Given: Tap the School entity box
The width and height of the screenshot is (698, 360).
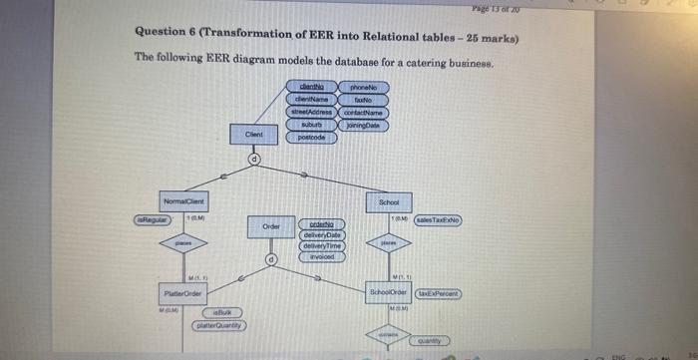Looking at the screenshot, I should [389, 201].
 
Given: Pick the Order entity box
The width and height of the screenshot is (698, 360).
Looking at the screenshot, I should [269, 227].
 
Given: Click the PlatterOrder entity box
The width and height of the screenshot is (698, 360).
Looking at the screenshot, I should [182, 293].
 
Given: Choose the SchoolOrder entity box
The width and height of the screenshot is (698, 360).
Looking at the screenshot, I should [389, 293].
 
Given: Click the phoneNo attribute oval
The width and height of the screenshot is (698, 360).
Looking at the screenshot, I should [362, 87].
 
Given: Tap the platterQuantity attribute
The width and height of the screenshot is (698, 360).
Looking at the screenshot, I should [222, 325].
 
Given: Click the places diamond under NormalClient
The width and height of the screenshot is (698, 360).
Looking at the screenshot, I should [182, 242].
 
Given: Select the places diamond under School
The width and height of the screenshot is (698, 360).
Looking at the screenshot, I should [389, 242].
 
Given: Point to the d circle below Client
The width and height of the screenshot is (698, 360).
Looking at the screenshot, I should [253, 159].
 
